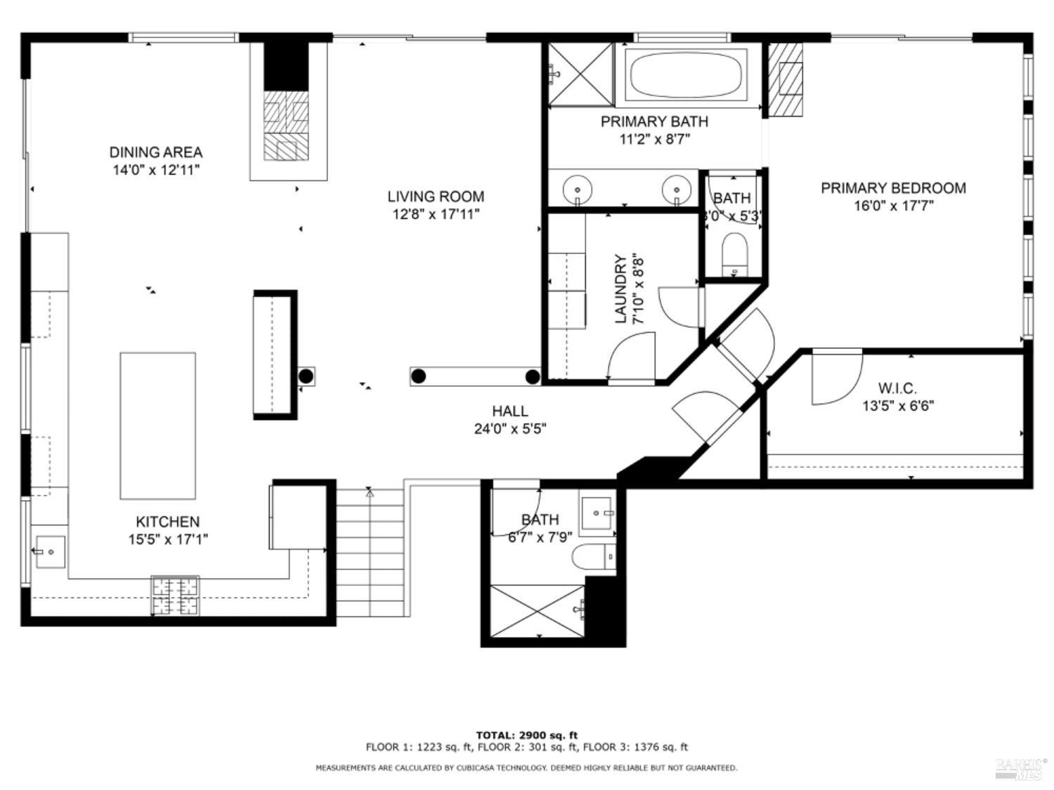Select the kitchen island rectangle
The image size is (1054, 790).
tap(157, 426)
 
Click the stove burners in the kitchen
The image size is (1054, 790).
tap(176, 595)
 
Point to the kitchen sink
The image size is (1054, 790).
tap(49, 552)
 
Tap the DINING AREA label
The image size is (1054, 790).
tap(155, 152)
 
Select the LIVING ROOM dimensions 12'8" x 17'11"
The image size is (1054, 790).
tap(436, 214)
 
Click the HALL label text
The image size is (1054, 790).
tap(509, 411)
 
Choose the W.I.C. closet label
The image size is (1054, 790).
tap(897, 388)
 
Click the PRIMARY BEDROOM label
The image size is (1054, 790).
tap(893, 187)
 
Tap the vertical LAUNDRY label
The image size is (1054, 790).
tap(621, 289)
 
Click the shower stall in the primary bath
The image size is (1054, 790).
tap(580, 73)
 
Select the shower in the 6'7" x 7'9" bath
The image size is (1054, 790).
tap(537, 610)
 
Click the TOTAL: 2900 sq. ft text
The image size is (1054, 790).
tap(527, 735)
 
